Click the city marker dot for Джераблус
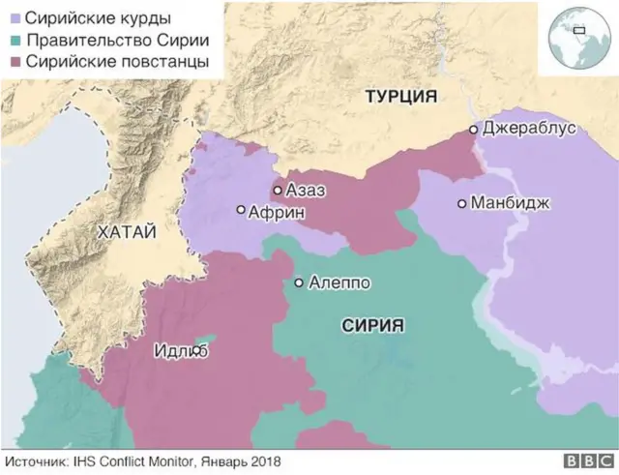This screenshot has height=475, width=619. pos(473,130)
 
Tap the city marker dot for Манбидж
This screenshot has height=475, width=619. pos(462,204)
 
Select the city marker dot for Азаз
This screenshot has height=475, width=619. pos(277,191)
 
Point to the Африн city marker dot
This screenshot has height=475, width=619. pos(241,210)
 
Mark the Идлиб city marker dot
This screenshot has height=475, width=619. pos(197,351)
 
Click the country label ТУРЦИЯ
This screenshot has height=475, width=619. pos(400,97)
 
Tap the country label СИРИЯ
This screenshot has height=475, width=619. pos(372,326)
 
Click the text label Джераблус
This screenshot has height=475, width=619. pos(528,129)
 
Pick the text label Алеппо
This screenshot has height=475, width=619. pos(339,283)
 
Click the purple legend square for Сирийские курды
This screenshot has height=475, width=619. pos(15,19)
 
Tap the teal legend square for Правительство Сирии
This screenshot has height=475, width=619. pos(15,41)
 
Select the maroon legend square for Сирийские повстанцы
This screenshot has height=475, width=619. pos(15,62)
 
